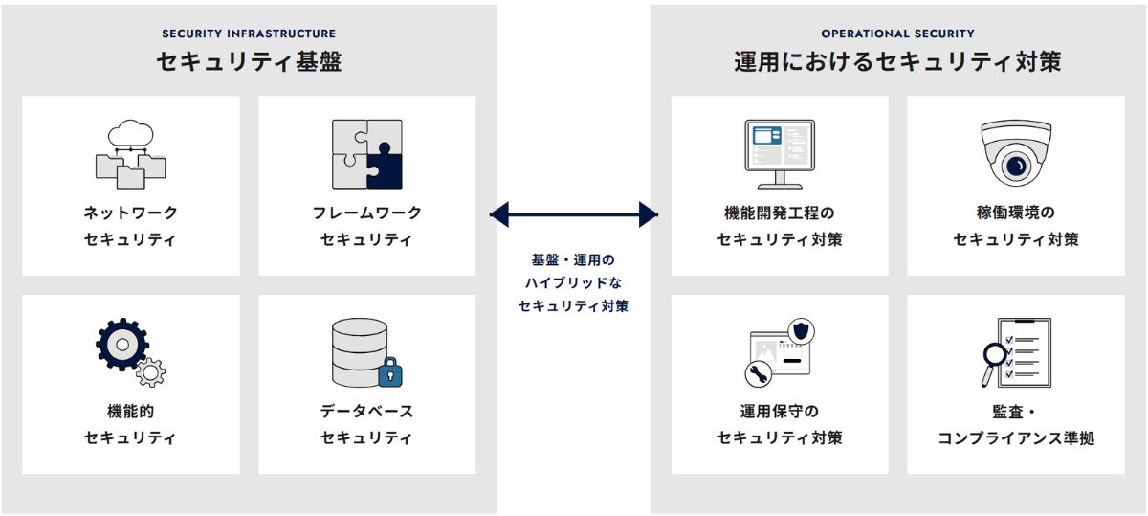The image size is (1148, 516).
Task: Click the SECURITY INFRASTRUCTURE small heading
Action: (249, 34)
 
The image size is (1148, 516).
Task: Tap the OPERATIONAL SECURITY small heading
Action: (897, 34)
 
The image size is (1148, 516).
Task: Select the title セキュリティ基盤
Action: (249, 63)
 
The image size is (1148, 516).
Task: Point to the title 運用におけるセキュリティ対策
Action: (897, 63)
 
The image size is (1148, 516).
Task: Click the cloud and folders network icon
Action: (131, 154)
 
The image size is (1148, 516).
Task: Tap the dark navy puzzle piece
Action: (384, 169)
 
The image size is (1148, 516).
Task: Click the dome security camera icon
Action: (1015, 153)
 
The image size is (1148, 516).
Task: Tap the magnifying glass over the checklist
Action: (994, 361)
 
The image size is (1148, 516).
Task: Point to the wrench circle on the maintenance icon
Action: (758, 373)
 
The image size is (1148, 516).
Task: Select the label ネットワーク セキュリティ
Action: (131, 226)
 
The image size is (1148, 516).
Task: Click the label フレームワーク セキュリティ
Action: (367, 226)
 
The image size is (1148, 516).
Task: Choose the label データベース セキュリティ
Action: (367, 424)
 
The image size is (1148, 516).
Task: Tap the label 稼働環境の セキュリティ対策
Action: (1016, 226)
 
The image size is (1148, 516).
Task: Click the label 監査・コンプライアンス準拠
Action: (1016, 424)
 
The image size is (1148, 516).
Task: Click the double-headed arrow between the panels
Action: (574, 214)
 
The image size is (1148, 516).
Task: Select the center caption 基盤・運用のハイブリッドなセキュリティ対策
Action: (574, 283)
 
